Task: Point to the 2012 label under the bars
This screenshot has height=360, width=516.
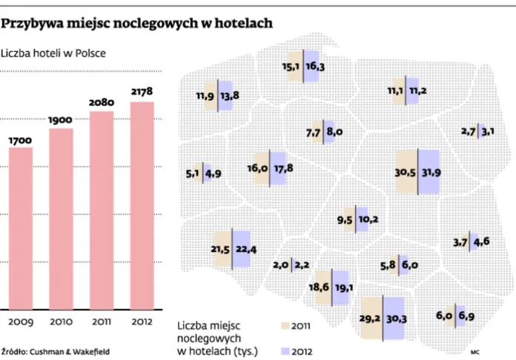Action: click(x=142, y=321)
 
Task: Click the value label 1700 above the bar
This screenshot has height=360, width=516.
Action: click(x=21, y=139)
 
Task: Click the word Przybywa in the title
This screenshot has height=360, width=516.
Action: click(x=30, y=23)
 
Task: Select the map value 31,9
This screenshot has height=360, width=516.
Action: click(x=431, y=173)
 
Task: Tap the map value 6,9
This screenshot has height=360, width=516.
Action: click(x=466, y=316)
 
